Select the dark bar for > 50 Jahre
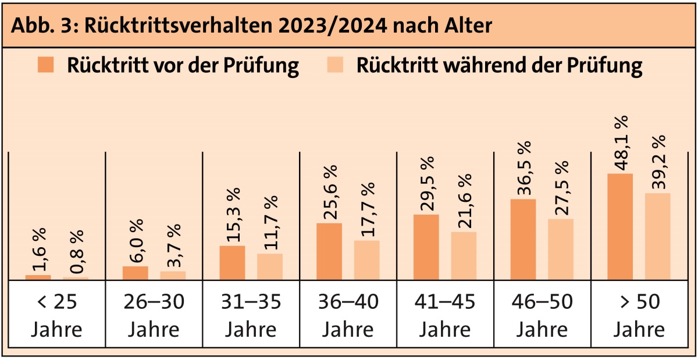(x=620, y=226)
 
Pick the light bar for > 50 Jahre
(x=657, y=236)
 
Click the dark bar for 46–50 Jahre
(x=523, y=239)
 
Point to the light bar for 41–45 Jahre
(x=464, y=255)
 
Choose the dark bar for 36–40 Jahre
(x=329, y=251)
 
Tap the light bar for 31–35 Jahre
(x=270, y=266)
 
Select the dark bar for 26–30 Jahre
(x=136, y=273)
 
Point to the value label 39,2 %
(x=657, y=162)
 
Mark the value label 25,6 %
(x=329, y=193)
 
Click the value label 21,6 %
(x=464, y=202)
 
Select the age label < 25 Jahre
(x=56, y=316)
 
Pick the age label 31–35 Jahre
(x=251, y=316)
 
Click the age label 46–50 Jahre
(x=542, y=316)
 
